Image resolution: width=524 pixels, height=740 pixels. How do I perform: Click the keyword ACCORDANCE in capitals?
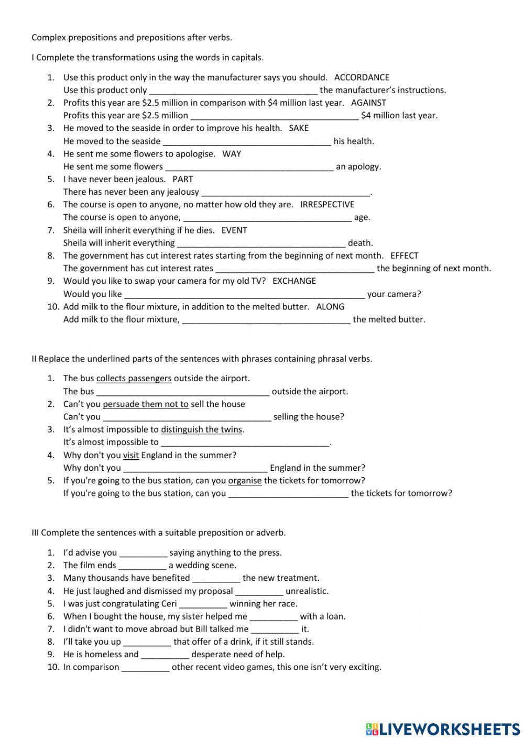pyautogui.click(x=362, y=78)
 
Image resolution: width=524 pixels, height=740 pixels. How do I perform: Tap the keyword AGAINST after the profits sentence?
pyautogui.click(x=368, y=103)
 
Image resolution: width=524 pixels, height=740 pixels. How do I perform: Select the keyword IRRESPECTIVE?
pyautogui.click(x=327, y=204)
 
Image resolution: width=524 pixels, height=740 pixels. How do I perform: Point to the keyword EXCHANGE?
pyautogui.click(x=294, y=281)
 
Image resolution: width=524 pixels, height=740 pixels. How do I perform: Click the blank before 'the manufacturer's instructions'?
pyautogui.click(x=233, y=91)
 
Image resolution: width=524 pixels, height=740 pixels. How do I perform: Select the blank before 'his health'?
pyautogui.click(x=247, y=141)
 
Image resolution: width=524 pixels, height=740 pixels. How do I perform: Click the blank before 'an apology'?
pyautogui.click(x=249, y=167)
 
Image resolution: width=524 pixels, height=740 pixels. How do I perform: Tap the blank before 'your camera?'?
pyautogui.click(x=244, y=294)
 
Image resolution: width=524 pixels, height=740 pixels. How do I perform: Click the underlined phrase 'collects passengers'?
pyautogui.click(x=134, y=378)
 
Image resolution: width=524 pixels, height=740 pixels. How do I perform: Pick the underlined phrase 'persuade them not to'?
pyautogui.click(x=146, y=404)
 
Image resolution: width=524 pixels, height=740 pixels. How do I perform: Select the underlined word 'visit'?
pyautogui.click(x=131, y=455)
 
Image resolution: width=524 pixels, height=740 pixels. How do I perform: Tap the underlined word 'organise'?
pyautogui.click(x=245, y=480)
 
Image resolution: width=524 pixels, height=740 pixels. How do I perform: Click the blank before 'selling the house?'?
pyautogui.click(x=187, y=417)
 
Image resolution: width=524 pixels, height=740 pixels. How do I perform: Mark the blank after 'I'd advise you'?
pyautogui.click(x=143, y=553)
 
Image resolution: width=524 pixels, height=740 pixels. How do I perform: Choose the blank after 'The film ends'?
pyautogui.click(x=142, y=566)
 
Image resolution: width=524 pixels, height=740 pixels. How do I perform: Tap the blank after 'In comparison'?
pyautogui.click(x=145, y=667)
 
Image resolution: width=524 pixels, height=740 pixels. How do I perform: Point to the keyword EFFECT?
pyautogui.click(x=404, y=256)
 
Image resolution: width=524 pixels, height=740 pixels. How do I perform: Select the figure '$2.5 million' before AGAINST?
pyautogui.click(x=166, y=103)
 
